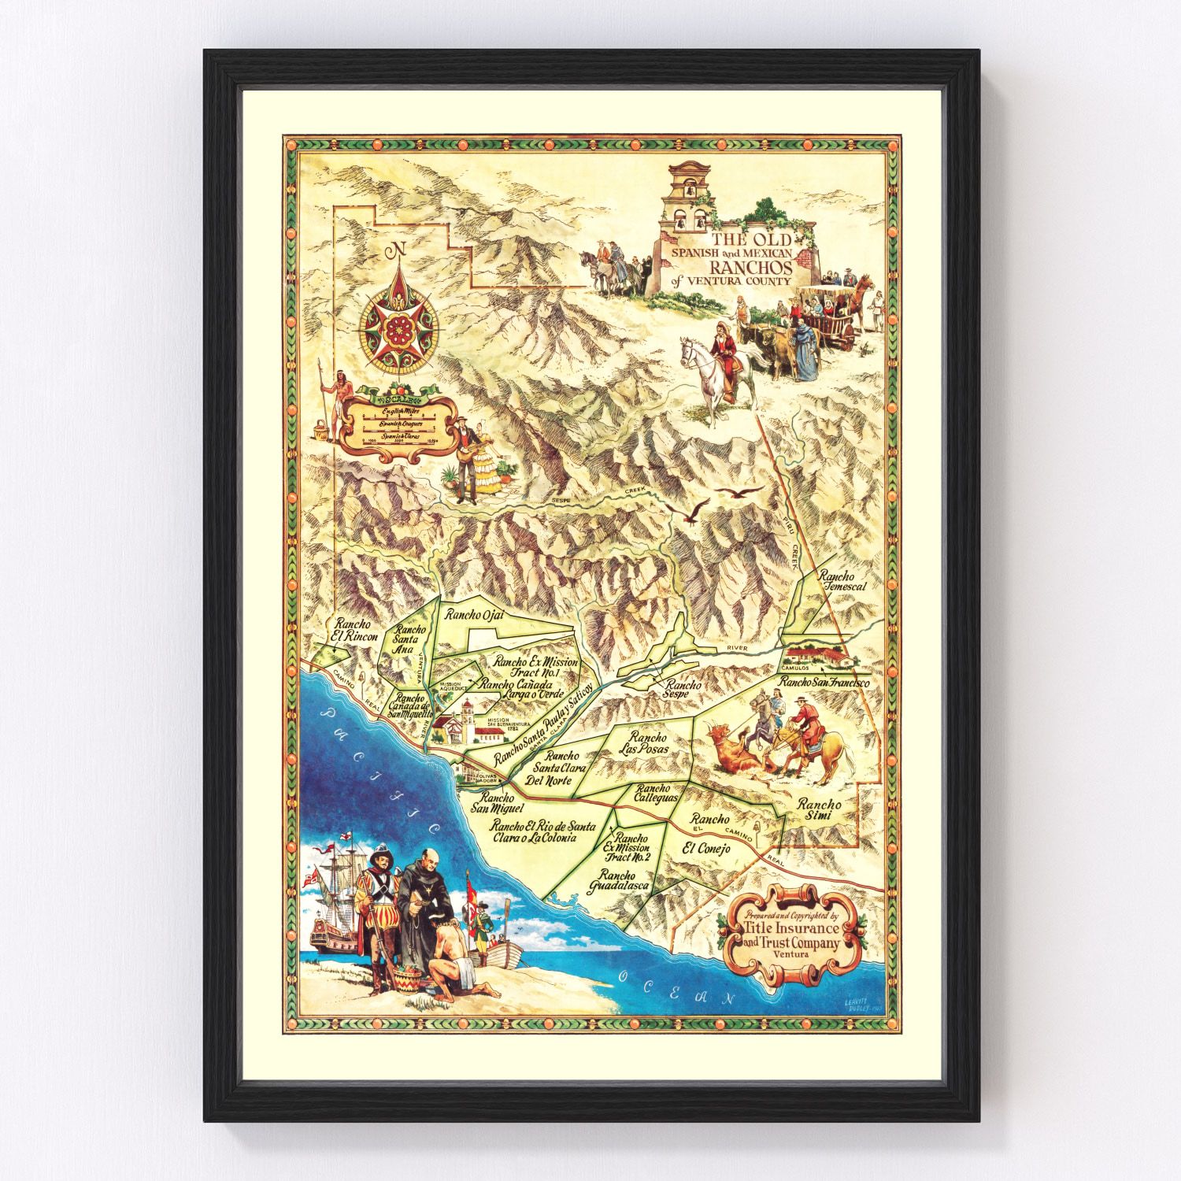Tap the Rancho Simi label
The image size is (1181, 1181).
[819, 810]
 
